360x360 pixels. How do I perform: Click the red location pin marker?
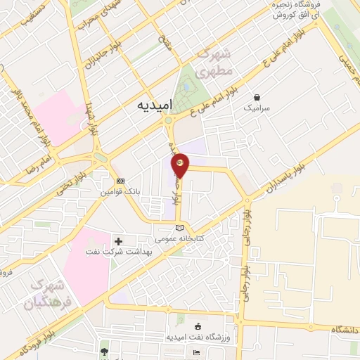tap(181, 164)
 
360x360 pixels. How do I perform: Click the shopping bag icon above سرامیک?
tap(257, 96)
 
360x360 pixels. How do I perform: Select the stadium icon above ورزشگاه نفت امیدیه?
tap(197, 326)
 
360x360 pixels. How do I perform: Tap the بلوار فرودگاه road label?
tap(28, 340)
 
